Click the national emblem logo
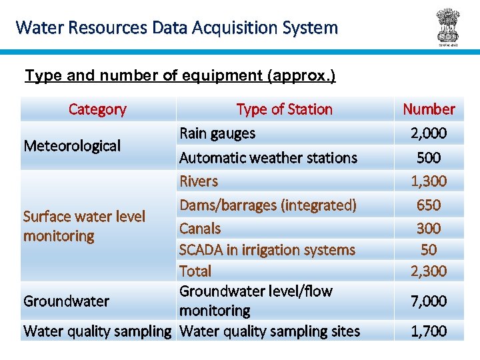coord(447,26)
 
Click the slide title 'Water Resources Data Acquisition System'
coord(177,28)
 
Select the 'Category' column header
coord(97,109)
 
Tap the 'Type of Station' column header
coord(284,109)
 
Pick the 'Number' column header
coord(429,109)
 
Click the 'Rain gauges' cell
coord(217,133)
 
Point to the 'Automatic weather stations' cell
coord(268,158)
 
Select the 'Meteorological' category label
coord(72,145)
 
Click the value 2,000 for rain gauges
coord(429,133)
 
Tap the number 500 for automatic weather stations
coord(429,158)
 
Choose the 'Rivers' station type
coord(199,181)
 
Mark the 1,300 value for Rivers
coord(429,181)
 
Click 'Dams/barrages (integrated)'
coord(268,205)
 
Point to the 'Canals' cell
coord(200,229)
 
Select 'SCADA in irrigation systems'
coord(267,250)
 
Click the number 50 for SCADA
coord(429,250)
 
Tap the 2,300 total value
coord(429,271)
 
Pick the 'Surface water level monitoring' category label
coord(84,226)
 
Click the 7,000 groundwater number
coord(429,301)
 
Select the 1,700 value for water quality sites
coord(429,331)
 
